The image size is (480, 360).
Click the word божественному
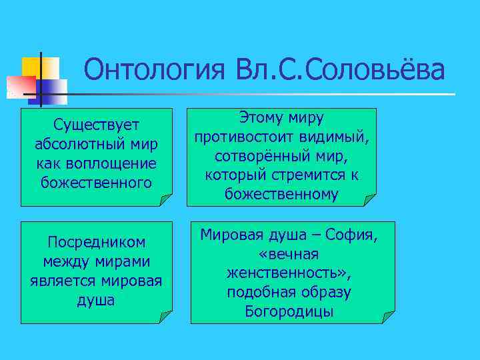[x=282, y=194]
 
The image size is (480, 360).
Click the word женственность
[x=282, y=273]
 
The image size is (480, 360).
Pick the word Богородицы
[x=289, y=311]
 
